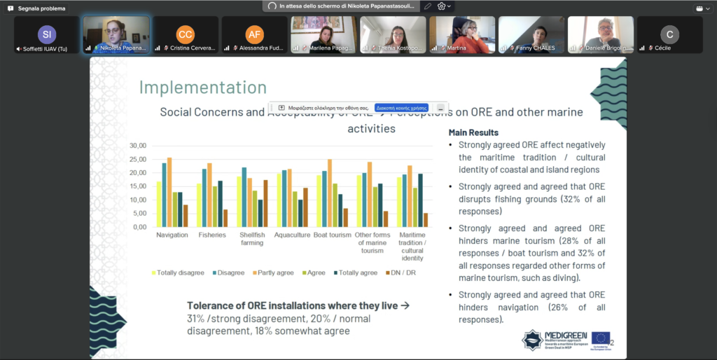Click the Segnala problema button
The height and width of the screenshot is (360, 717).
[x=36, y=8]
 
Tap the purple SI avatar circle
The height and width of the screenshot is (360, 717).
[x=47, y=34]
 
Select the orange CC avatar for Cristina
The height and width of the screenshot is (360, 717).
[x=186, y=34]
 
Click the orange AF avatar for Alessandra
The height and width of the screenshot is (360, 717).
[x=255, y=34]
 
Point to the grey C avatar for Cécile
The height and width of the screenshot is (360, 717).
[x=669, y=34]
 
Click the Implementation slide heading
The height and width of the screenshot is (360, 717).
[x=202, y=88]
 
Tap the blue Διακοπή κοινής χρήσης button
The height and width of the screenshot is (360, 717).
[x=401, y=108]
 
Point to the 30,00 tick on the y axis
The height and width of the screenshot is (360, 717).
[x=138, y=146]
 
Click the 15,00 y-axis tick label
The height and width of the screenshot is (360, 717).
[x=138, y=186]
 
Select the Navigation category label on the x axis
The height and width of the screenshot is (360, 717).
[x=172, y=235]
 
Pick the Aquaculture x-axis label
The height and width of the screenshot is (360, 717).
[x=292, y=235]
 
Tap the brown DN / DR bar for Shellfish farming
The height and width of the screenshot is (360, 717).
[x=265, y=203]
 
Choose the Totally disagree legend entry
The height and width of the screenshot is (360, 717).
[x=178, y=272]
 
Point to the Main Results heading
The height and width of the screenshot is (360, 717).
[x=473, y=132]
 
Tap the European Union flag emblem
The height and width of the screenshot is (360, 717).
[x=600, y=338]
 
